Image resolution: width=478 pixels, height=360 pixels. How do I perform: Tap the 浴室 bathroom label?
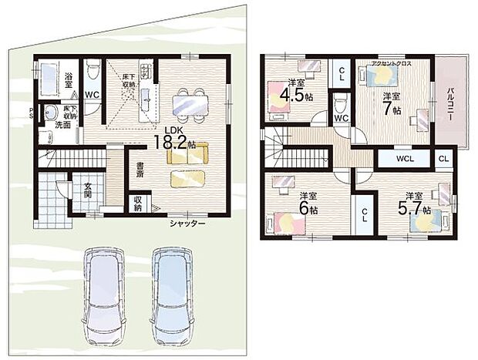pos(68,77)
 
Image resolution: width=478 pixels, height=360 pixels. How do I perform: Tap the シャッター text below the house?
pos(188,224)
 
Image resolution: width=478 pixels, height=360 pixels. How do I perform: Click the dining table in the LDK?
pos(189,99)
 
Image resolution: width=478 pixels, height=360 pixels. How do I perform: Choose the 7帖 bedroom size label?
pos(392,103)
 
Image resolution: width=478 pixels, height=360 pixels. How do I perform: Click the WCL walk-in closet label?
pos(405,160)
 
